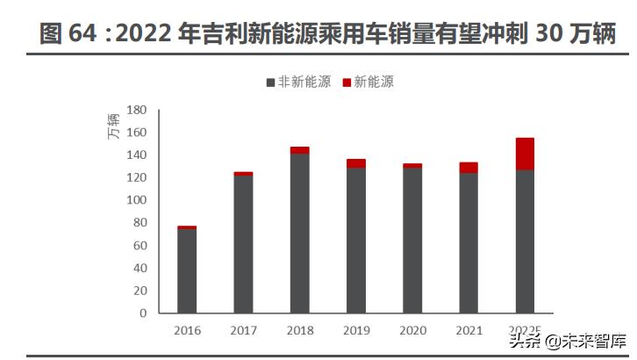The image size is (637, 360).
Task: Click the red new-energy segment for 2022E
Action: (525, 154)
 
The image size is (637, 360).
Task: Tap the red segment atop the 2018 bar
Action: (299, 150)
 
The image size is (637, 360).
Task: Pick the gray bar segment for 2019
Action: (355, 240)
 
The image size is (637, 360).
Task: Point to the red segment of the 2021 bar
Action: (469, 168)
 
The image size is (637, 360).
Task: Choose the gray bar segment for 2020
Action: (412, 240)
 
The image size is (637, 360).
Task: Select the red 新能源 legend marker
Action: (347, 83)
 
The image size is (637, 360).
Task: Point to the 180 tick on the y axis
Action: (135, 110)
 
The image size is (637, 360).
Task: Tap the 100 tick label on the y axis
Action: (135, 200)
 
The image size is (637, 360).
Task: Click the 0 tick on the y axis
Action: (143, 313)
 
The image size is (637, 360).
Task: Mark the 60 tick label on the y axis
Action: (139, 245)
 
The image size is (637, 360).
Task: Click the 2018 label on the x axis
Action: (299, 330)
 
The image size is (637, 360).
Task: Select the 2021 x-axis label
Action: (469, 330)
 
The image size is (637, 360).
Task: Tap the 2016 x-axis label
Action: (187, 330)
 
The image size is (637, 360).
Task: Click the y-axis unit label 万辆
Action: (113, 129)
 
